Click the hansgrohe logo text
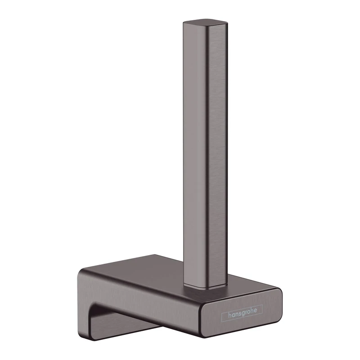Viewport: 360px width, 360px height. coord(242,315)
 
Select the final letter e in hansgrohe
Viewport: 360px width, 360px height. coord(259,313)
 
